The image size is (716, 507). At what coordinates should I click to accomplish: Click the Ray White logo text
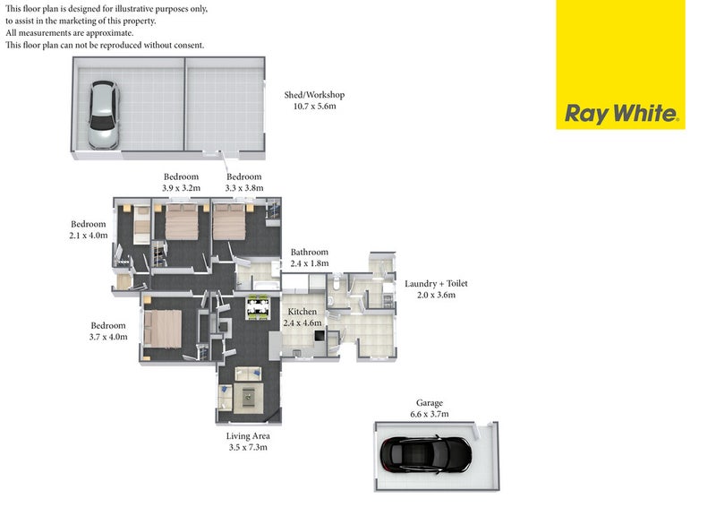point(621,114)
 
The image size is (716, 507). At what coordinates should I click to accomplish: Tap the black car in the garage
point(426,454)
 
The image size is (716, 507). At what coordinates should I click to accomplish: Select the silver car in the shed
point(104,115)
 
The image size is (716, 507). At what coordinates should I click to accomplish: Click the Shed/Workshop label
point(315,100)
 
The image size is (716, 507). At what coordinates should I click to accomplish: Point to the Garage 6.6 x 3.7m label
point(430,408)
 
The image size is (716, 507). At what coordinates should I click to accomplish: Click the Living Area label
point(248,442)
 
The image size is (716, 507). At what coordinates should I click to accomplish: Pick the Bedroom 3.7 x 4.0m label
point(108,331)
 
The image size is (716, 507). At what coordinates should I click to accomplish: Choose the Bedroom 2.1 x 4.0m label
point(89,229)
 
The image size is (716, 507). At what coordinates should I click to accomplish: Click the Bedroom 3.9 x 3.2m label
point(182,182)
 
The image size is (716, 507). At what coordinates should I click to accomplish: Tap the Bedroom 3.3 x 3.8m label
point(244,182)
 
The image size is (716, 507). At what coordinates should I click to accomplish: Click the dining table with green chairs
point(258,307)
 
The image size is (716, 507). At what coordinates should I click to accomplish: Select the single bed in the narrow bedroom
point(142,225)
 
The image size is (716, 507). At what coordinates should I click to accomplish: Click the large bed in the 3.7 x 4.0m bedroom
point(163,329)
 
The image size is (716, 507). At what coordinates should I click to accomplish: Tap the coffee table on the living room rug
point(249,397)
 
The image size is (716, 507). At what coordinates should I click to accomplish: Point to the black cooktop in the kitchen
point(320,335)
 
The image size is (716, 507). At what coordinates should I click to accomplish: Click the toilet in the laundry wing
point(337,282)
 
